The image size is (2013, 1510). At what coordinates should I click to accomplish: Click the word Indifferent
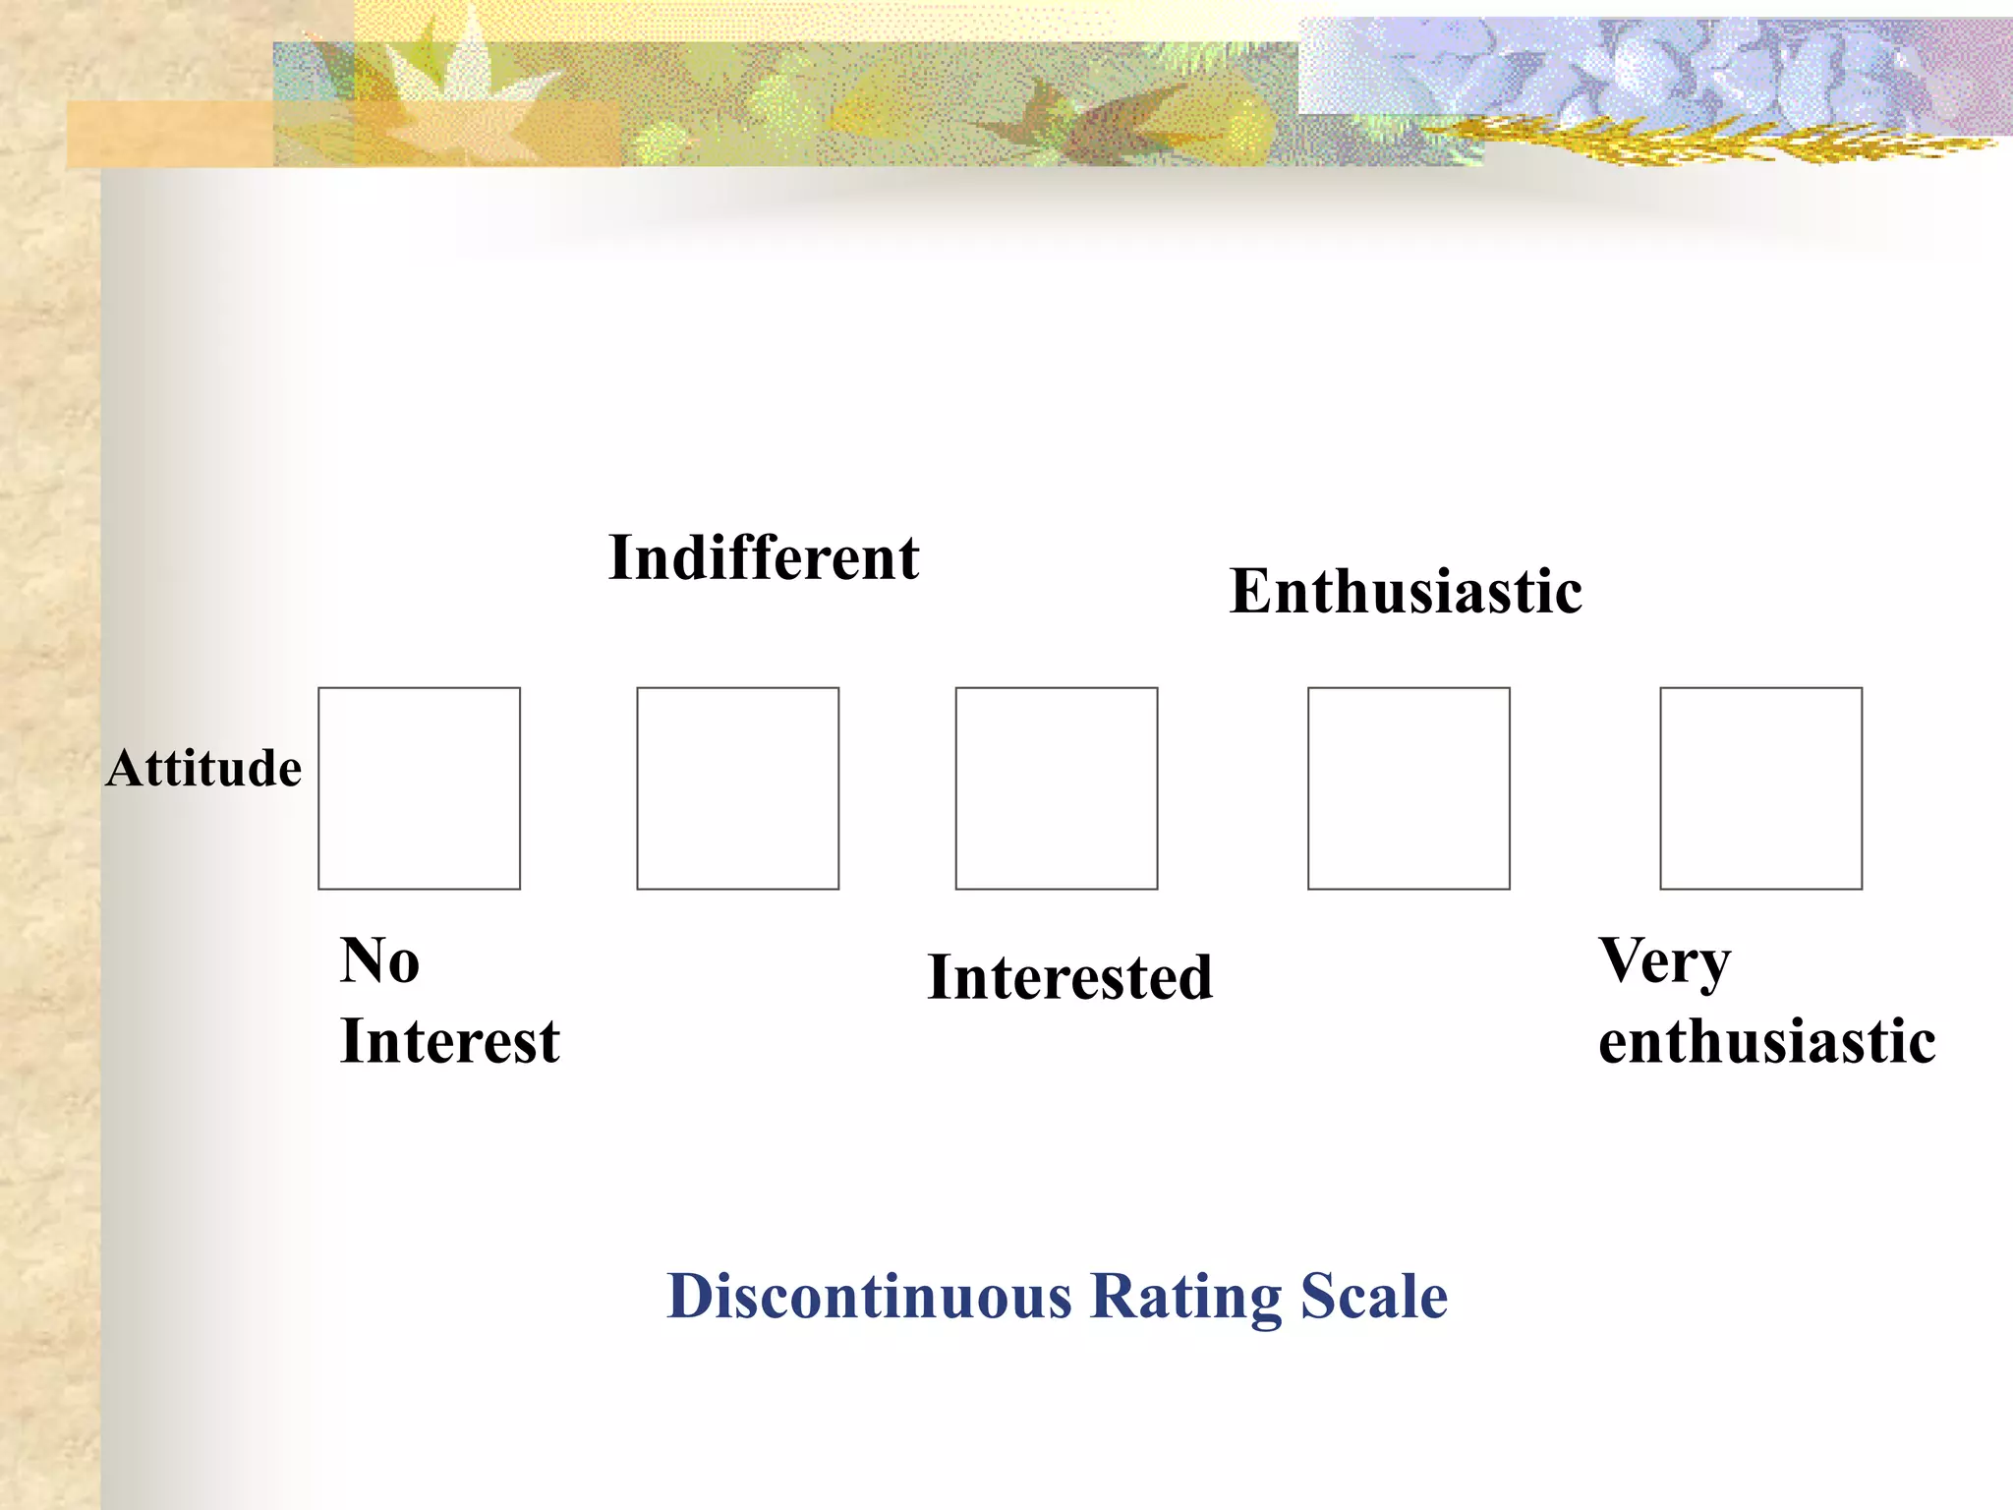point(764,557)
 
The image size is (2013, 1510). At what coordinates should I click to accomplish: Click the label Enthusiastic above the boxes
point(1406,591)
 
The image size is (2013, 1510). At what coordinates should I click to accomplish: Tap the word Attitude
point(203,768)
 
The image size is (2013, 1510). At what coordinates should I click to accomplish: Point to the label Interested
point(1069,977)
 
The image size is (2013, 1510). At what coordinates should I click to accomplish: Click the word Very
point(1664,961)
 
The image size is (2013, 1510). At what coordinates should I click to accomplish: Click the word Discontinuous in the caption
point(869,1296)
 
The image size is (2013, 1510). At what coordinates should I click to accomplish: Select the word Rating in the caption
point(1186,1298)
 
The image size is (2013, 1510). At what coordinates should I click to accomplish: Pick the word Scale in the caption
point(1373,1296)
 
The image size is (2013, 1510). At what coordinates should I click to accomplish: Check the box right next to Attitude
point(419,788)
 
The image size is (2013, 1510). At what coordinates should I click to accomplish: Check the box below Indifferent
point(737,788)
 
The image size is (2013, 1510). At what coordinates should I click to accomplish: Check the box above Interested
point(1057,788)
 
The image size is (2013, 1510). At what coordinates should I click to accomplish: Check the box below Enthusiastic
point(1409,788)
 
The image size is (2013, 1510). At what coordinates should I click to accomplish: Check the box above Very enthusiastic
point(1760,788)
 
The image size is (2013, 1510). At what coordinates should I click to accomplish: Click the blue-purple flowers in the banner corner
point(1622,64)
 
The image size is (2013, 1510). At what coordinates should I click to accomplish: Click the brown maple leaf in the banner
point(1071,113)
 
